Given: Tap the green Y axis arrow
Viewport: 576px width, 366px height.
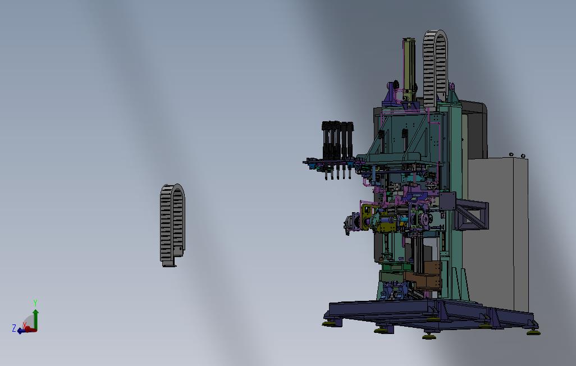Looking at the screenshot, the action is (x=35, y=319).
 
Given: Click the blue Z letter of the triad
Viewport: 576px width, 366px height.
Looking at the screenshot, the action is (x=14, y=328).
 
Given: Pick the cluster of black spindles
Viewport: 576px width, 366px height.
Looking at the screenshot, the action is (x=337, y=149).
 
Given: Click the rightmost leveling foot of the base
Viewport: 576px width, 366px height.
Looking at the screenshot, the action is (x=533, y=332).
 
